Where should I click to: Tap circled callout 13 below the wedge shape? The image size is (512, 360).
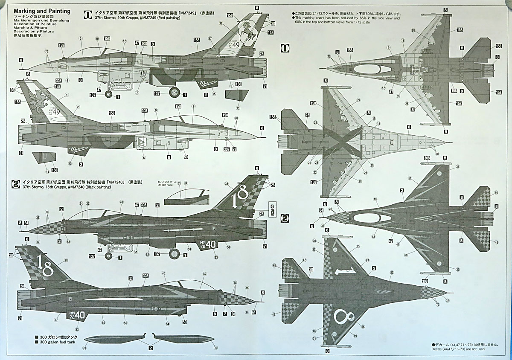pos(238,108)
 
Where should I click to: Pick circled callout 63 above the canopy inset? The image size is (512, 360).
pos(180,183)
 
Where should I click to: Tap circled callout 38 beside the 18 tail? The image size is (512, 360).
pos(226,184)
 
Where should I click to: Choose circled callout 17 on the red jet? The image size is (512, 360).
pos(210,38)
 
